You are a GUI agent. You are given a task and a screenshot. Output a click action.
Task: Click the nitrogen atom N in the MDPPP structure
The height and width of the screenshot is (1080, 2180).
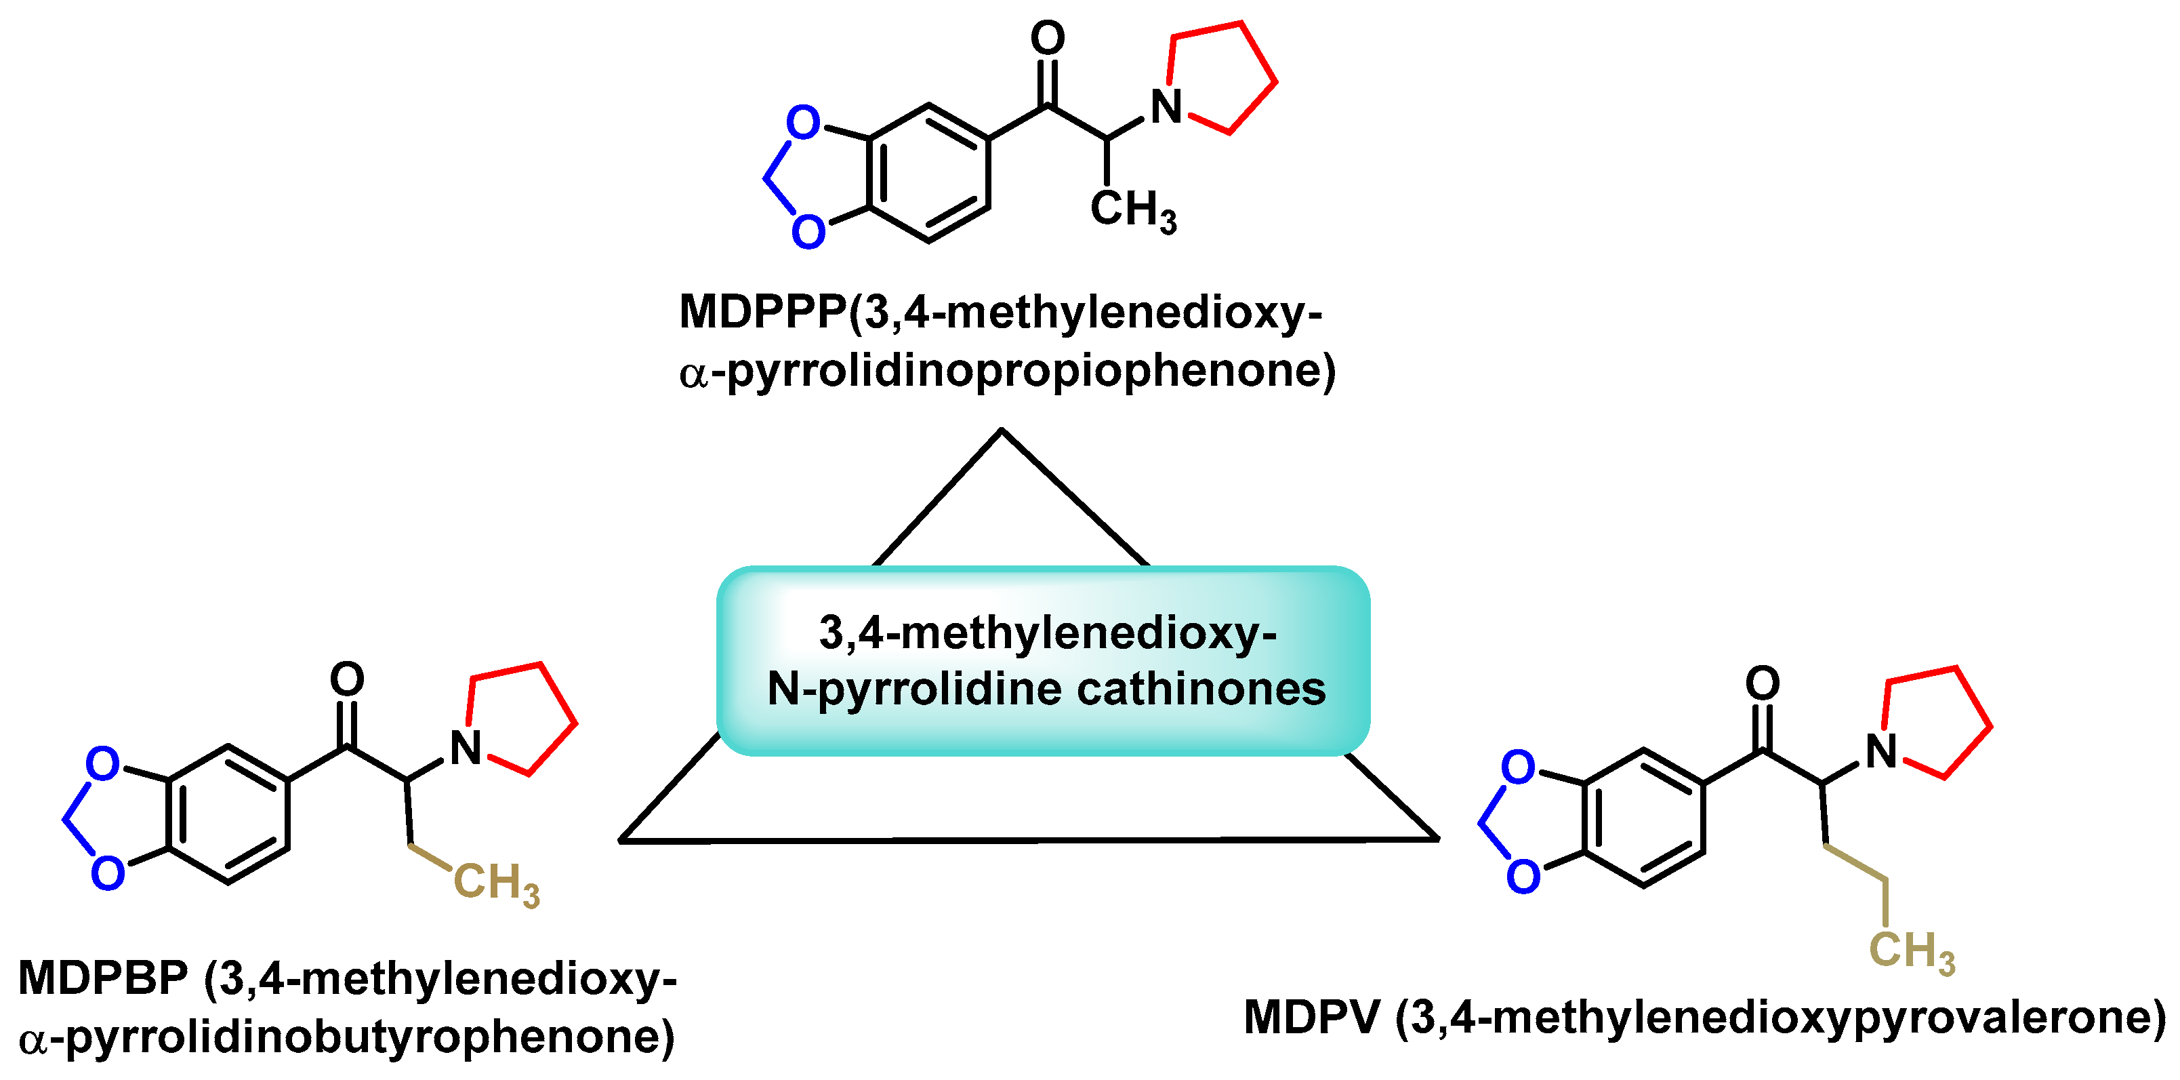click(x=1166, y=108)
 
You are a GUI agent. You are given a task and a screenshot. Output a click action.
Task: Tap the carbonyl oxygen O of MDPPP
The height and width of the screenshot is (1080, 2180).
click(x=1048, y=38)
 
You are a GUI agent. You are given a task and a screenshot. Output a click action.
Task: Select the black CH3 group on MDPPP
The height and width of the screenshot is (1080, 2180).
click(x=1132, y=209)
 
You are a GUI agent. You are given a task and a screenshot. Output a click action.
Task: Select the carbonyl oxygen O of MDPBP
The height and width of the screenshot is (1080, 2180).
click(x=347, y=679)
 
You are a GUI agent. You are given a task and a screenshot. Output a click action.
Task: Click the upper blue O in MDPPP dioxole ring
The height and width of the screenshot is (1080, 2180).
click(x=803, y=123)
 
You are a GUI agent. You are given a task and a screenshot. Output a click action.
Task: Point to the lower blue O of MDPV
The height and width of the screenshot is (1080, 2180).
click(x=1523, y=876)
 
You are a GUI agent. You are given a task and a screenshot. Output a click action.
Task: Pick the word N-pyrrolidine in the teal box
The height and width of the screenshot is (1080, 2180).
click(x=914, y=689)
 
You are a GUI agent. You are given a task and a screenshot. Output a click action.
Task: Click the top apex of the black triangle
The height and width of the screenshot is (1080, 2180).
click(x=1002, y=431)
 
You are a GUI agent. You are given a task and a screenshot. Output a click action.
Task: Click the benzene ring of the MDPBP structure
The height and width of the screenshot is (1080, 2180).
click(x=228, y=814)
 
